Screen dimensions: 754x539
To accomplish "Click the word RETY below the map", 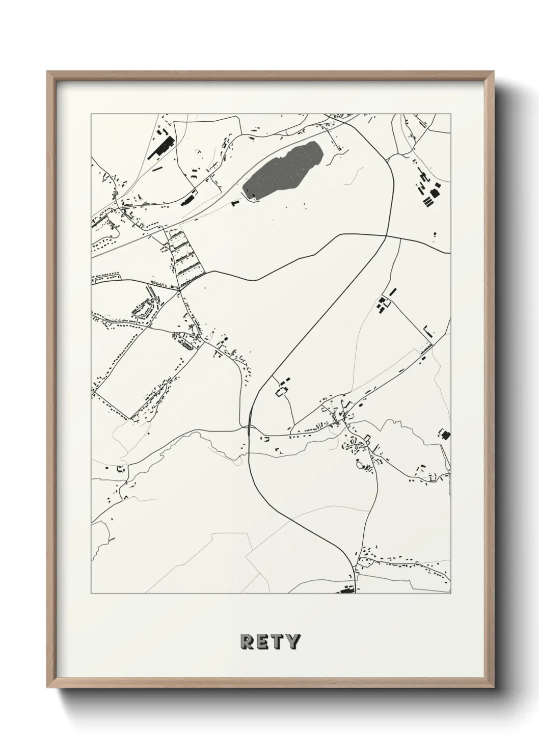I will pos(270,641).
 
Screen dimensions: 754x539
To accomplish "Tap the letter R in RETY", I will pos(247,641).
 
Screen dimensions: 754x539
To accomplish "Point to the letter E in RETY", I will pos(263,641).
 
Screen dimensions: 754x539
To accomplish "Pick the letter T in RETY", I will pos(278,641).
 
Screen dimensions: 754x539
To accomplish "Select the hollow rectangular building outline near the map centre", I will pos(282,391).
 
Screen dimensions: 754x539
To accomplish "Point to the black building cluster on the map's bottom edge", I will pos(347,590).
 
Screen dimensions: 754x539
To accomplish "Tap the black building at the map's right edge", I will pos(445,435).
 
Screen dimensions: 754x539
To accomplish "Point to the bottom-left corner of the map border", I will pos(91,594).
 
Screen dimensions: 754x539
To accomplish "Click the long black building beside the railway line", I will pos(188,199).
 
